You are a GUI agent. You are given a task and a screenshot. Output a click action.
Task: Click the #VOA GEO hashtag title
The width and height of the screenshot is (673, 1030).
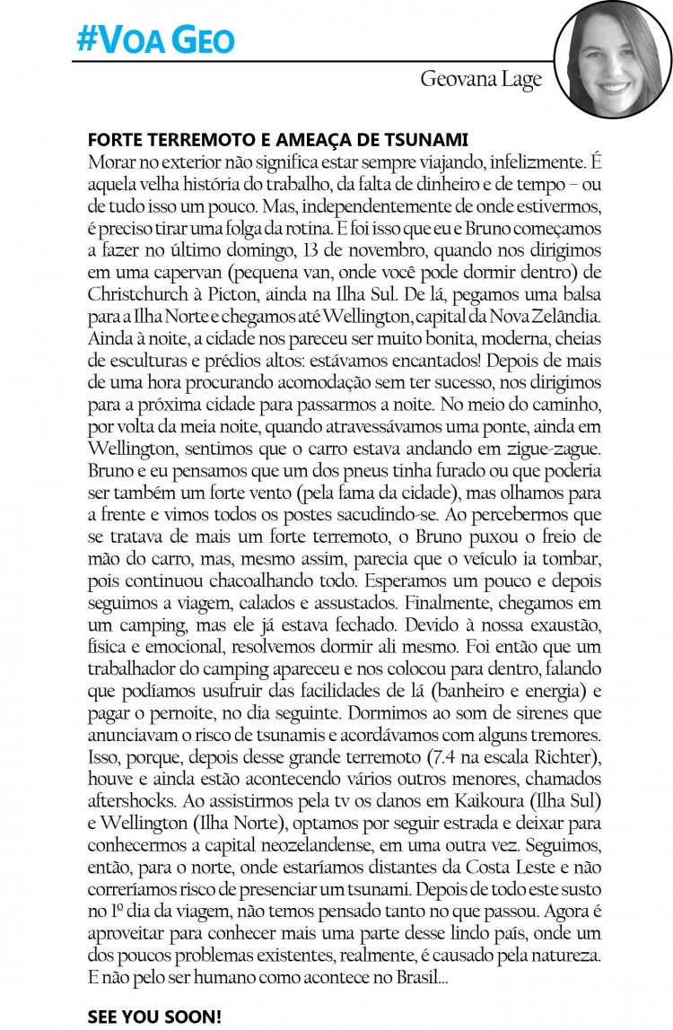pyautogui.click(x=155, y=39)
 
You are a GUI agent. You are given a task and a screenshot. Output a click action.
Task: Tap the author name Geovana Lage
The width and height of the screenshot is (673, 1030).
pyautogui.click(x=481, y=79)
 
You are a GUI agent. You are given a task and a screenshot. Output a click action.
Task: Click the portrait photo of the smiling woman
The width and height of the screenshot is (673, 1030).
pyautogui.click(x=613, y=59)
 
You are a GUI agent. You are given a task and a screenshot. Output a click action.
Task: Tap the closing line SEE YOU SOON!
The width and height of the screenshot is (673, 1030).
pyautogui.click(x=154, y=1016)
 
